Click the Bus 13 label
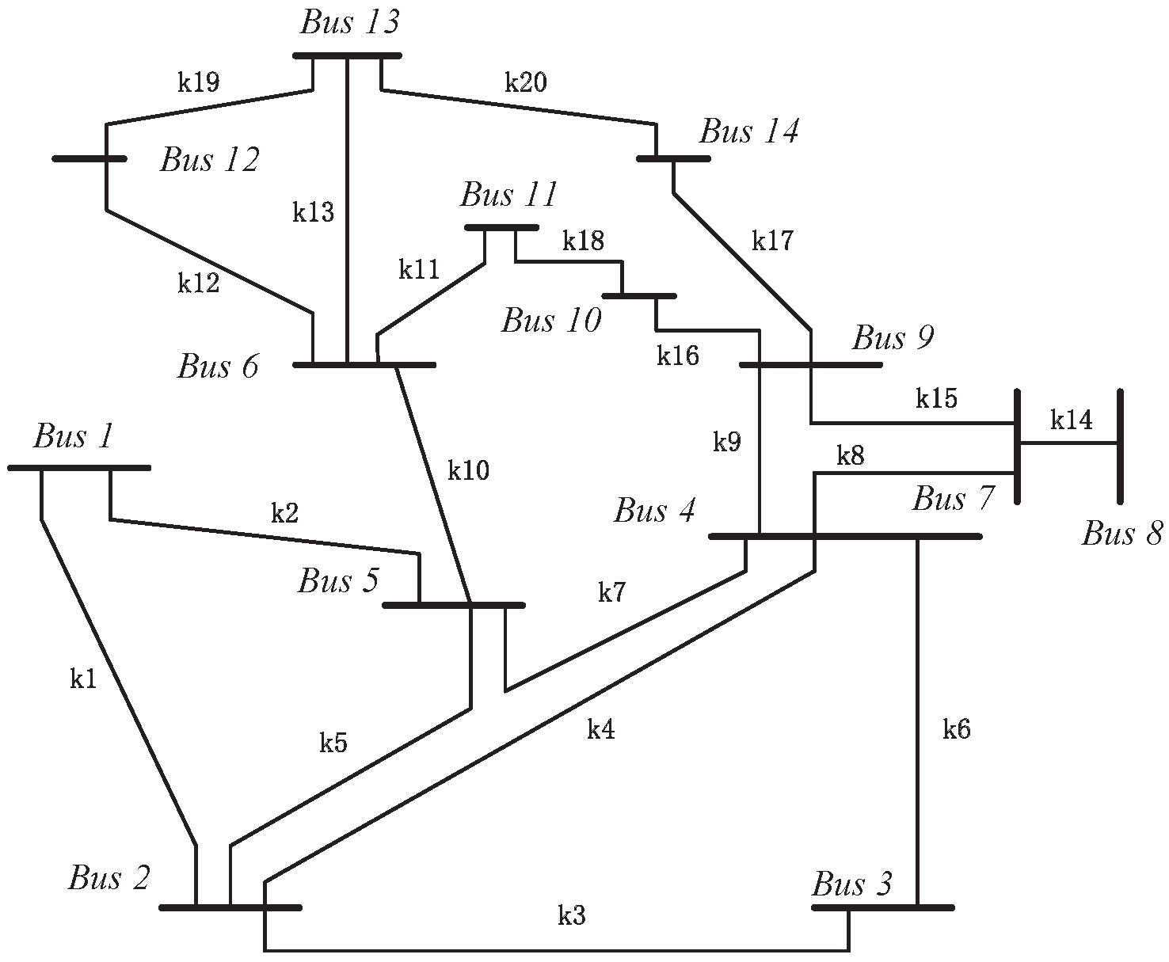[x=349, y=22]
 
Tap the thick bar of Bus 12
[x=89, y=158]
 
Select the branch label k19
[x=198, y=82]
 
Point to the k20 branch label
[x=526, y=82]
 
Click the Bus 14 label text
[x=748, y=131]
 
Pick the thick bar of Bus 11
[x=501, y=228]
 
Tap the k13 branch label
[x=314, y=212]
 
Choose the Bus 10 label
[x=551, y=321]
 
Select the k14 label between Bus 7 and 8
[x=1071, y=420]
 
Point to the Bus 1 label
[x=74, y=436]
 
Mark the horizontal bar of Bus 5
[x=453, y=605]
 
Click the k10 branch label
[x=469, y=471]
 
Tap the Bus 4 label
[x=654, y=511]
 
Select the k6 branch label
[x=956, y=729]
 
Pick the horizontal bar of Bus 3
[x=883, y=907]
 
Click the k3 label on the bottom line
[x=571, y=916]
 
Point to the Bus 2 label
[x=109, y=878]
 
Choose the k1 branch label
[x=83, y=679]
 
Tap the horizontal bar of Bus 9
[x=809, y=365]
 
